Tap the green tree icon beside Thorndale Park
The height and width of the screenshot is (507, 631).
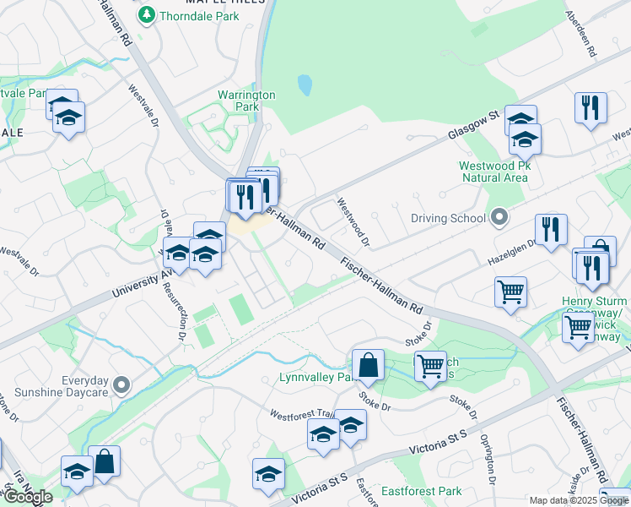coord(147,14)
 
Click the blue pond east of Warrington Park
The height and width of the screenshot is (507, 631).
coord(305,84)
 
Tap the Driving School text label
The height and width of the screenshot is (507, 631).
coord(448,218)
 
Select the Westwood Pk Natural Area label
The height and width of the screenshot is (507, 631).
coord(494,172)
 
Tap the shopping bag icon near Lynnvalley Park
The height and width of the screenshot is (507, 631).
coord(368,365)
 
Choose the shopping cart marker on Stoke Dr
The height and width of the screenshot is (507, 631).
coord(430,366)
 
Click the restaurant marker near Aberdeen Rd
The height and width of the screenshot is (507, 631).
coord(590,107)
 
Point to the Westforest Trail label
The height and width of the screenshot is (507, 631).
coord(300,415)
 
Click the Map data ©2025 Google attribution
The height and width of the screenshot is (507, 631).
coord(580,500)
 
